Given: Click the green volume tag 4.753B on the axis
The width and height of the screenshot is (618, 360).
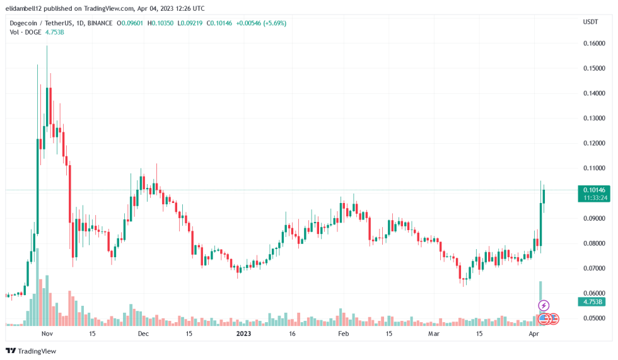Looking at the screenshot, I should (x=592, y=302).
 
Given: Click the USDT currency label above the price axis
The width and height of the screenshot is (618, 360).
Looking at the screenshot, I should (x=590, y=22).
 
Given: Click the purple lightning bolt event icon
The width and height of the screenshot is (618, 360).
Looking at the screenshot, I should (x=543, y=306).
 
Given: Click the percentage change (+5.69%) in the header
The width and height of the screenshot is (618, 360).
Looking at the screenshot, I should (x=273, y=23).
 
